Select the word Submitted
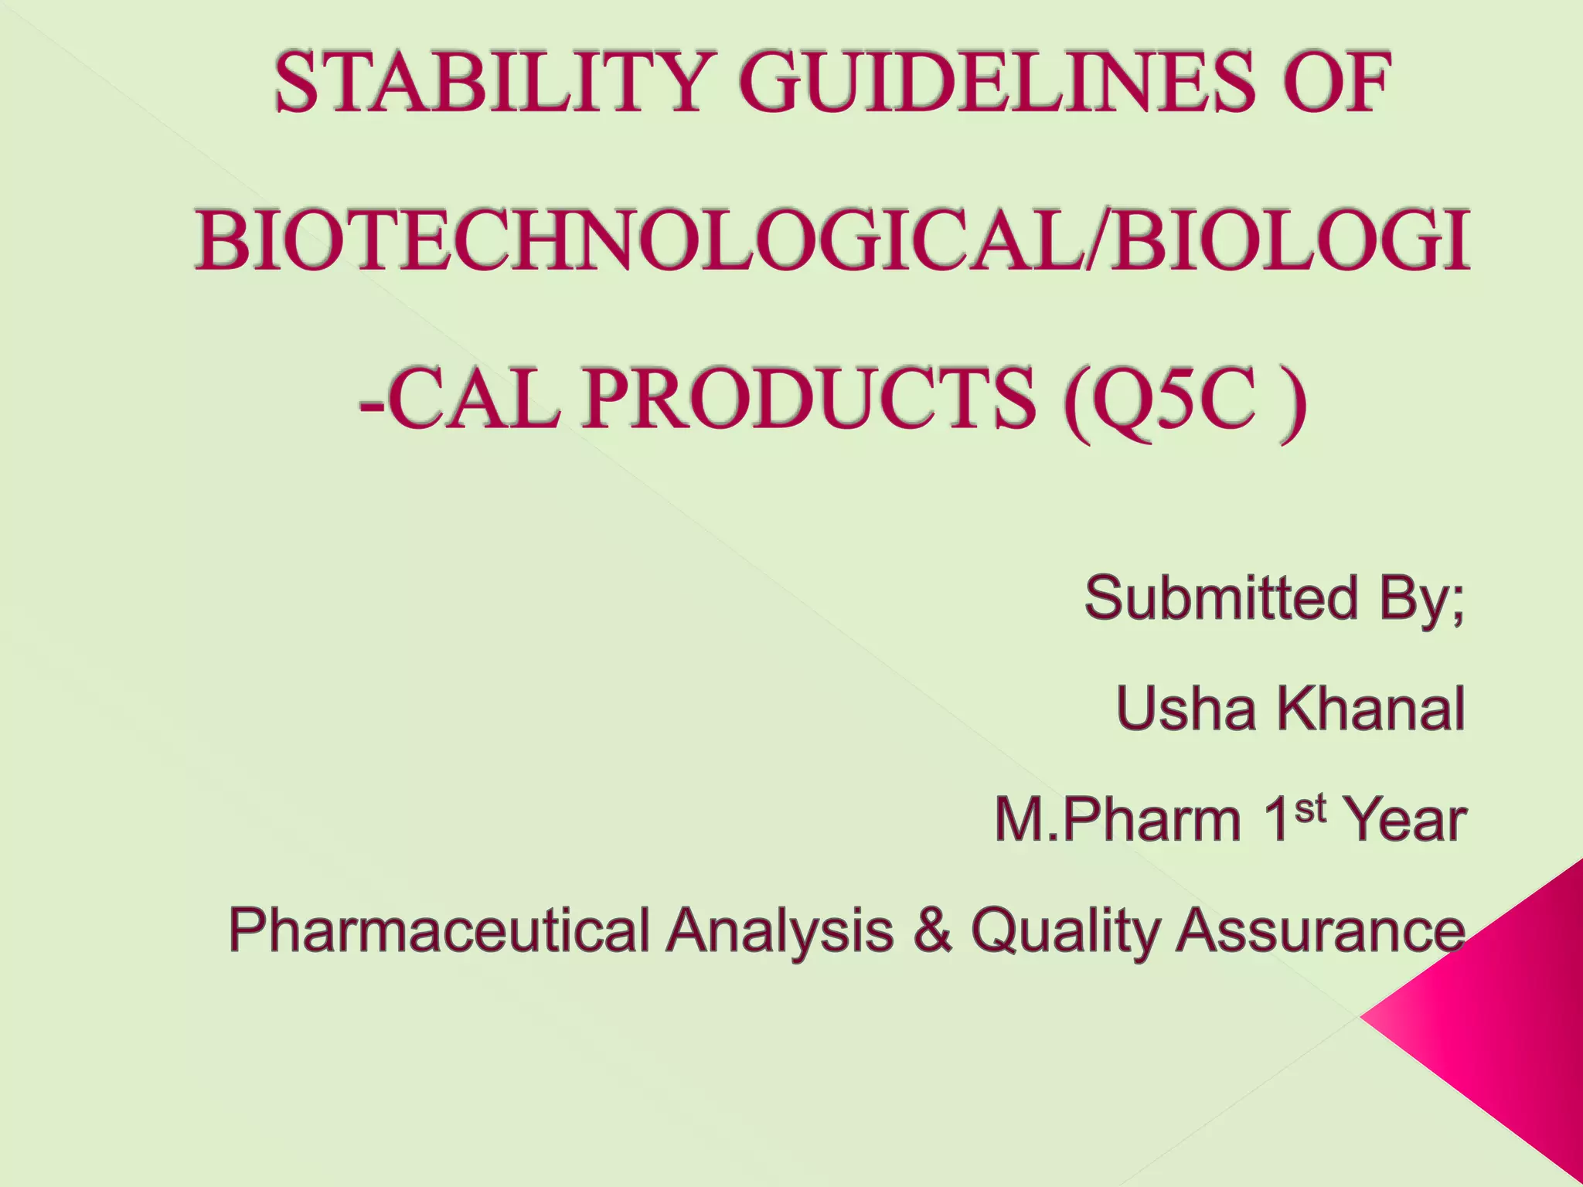[x=1221, y=597]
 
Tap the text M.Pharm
[x=1118, y=819]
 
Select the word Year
[x=1405, y=819]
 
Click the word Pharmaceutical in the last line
[x=439, y=930]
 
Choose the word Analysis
[x=781, y=930]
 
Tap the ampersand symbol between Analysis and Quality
[x=931, y=930]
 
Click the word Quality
[x=1064, y=930]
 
